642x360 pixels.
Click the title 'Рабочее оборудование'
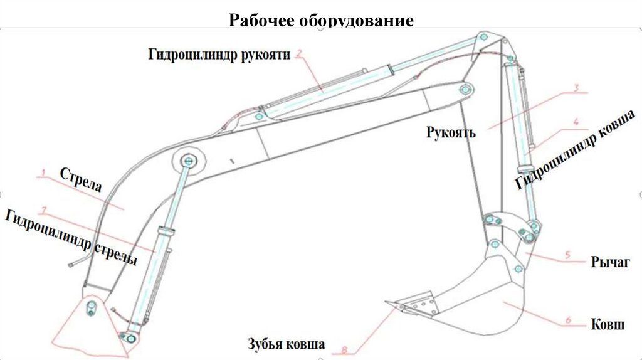[321, 20]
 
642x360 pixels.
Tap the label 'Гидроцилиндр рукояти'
[219, 55]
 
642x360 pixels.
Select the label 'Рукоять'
[451, 132]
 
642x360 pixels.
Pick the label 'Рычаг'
[609, 263]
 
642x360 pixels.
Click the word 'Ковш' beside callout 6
[608, 325]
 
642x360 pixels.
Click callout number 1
[43, 171]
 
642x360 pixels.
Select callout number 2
[300, 53]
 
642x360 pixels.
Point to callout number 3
[575, 88]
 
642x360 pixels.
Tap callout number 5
[567, 255]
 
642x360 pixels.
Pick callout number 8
[344, 349]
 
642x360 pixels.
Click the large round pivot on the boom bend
[187, 160]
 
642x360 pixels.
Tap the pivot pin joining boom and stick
[465, 89]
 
